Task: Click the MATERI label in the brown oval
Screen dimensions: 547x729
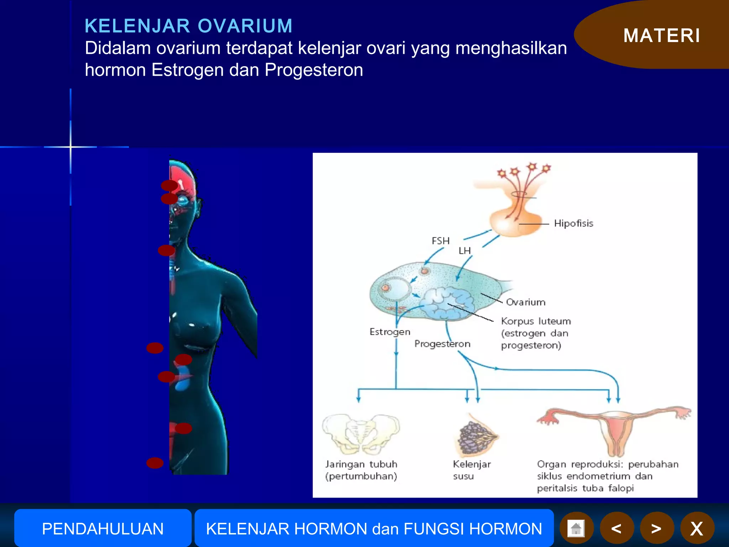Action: pyautogui.click(x=661, y=36)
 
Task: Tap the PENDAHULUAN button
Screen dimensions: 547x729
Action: pyautogui.click(x=103, y=528)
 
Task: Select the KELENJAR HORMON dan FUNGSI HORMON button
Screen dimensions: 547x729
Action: pyautogui.click(x=374, y=528)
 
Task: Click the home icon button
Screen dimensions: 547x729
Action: pyautogui.click(x=576, y=528)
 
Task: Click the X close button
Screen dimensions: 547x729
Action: pyautogui.click(x=697, y=528)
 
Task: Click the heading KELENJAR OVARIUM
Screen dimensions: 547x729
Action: pyautogui.click(x=189, y=26)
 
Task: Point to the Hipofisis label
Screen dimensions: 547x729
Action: pyautogui.click(x=573, y=223)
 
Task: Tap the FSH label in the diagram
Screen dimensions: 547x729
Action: pyautogui.click(x=440, y=241)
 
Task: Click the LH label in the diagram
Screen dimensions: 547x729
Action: pyautogui.click(x=465, y=251)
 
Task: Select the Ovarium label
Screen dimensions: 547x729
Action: pyautogui.click(x=525, y=302)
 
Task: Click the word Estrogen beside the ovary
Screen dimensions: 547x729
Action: pyautogui.click(x=390, y=332)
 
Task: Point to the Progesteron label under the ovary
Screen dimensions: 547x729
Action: pyautogui.click(x=442, y=344)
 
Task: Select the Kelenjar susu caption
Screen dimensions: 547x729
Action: pyautogui.click(x=471, y=470)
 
